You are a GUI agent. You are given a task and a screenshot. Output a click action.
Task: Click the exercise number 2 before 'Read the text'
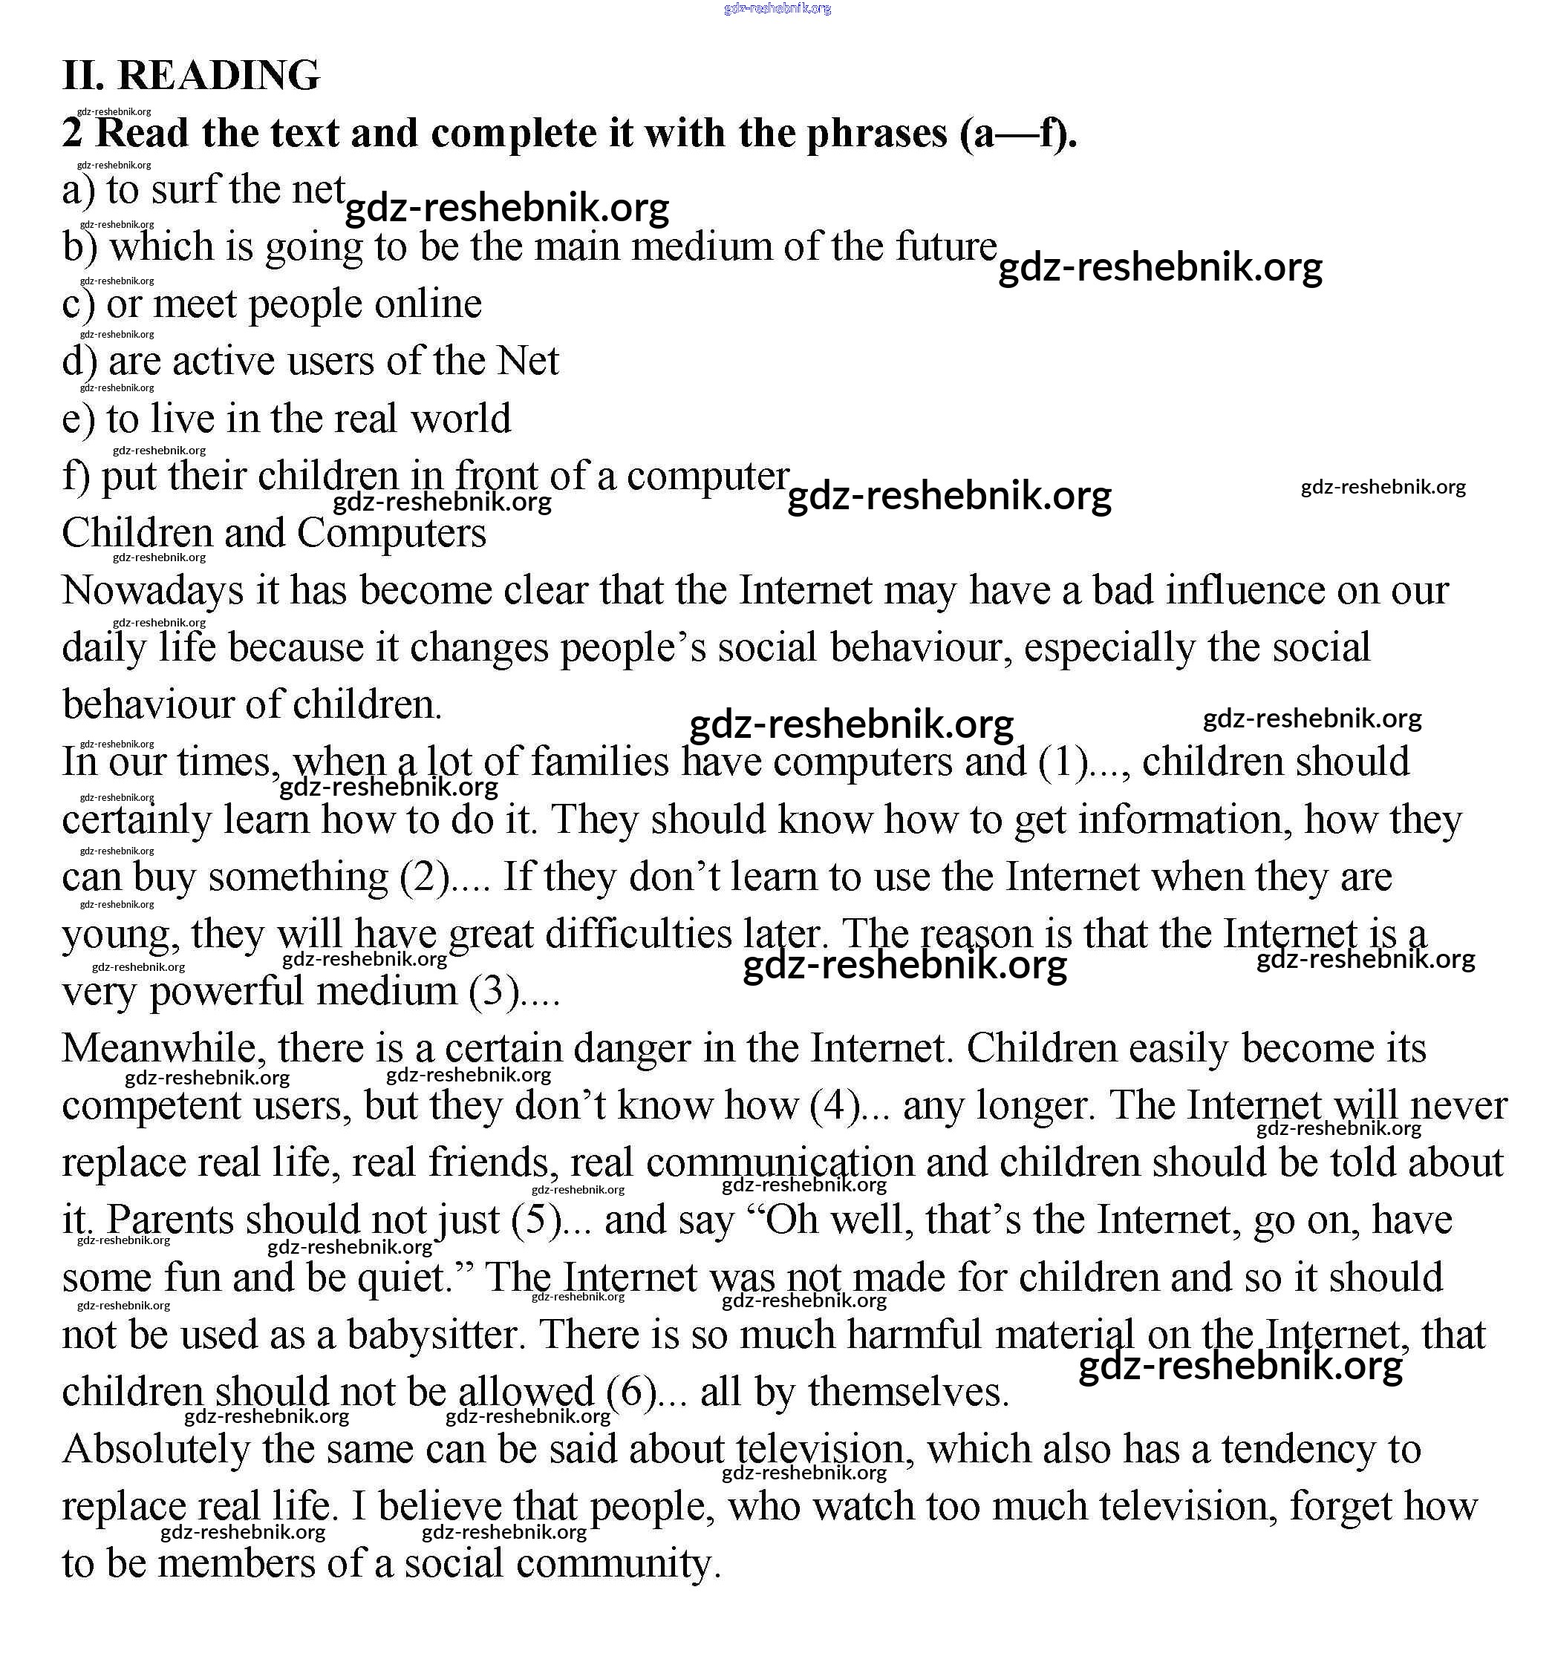click(73, 134)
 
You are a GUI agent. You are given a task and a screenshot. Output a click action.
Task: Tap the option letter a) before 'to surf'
click(78, 190)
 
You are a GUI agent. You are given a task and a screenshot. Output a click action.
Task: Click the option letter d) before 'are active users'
click(79, 361)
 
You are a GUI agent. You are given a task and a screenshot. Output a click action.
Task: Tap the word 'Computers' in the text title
click(391, 533)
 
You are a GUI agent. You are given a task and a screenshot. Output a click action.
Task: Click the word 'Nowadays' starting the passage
click(153, 591)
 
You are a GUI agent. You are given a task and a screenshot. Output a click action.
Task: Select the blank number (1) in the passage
click(1063, 762)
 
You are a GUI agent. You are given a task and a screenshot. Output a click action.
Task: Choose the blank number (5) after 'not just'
click(536, 1220)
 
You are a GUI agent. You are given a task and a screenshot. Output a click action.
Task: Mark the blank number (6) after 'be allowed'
click(632, 1392)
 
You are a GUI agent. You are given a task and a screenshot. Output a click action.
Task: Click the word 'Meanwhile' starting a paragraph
click(163, 1048)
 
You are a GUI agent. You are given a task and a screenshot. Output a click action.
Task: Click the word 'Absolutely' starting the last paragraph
click(156, 1450)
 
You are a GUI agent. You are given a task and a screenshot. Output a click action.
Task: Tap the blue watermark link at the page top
click(777, 8)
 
